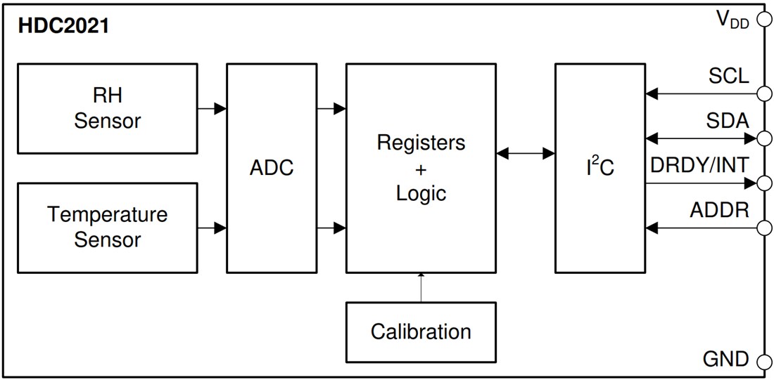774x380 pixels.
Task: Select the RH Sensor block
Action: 107,109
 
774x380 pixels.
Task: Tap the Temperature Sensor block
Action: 107,228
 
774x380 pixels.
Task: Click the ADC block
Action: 272,169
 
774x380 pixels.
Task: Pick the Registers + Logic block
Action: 421,167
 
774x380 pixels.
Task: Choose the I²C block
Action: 599,169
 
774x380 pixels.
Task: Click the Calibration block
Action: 421,331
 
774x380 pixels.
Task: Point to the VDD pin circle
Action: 763,20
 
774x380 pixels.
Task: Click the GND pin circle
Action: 763,362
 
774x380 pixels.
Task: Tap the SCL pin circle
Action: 763,93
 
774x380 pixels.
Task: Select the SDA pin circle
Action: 763,138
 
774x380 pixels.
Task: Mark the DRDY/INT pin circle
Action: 763,183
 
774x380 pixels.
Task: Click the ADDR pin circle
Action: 763,228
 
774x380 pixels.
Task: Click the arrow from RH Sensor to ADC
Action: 212,109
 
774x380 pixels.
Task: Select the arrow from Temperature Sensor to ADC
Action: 212,228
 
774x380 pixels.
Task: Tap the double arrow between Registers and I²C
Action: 525,153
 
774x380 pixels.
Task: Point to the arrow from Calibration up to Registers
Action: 421,287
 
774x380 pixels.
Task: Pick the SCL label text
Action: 728,76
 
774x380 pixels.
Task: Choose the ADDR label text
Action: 719,211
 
